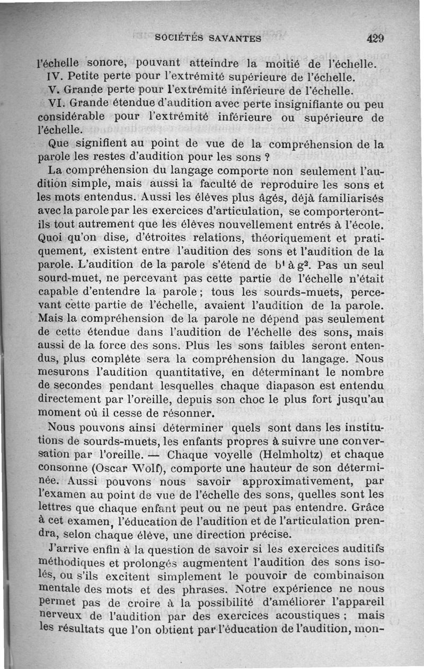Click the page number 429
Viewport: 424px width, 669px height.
pyautogui.click(x=374, y=38)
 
